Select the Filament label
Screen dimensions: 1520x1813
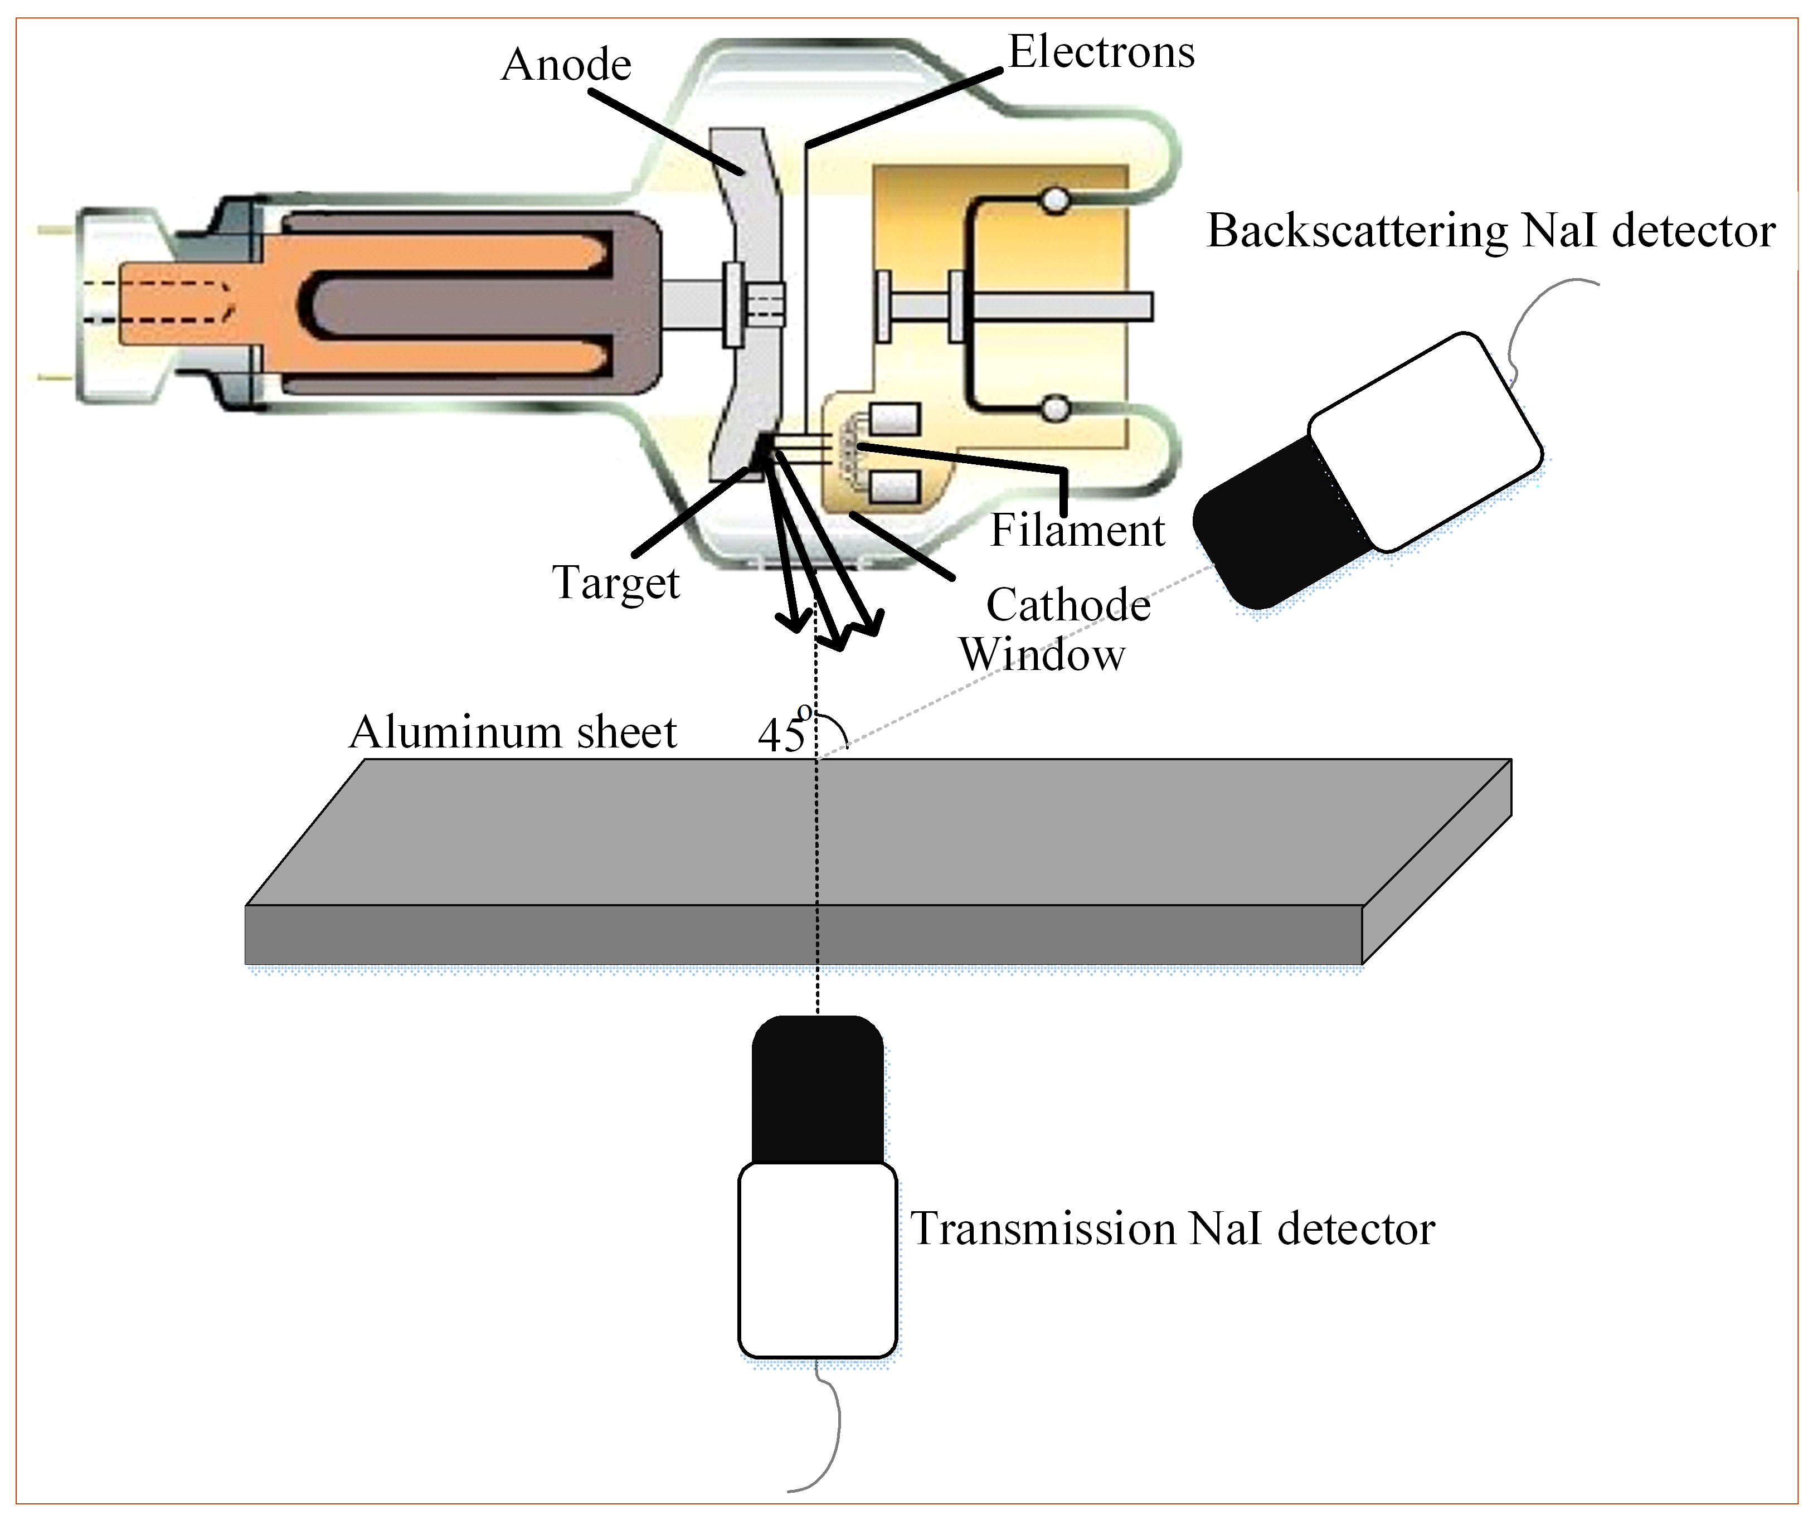coord(1077,530)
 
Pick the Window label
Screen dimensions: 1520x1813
coord(1042,654)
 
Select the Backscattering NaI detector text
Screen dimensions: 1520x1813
coord(1491,231)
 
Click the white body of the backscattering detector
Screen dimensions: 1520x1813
coord(1425,440)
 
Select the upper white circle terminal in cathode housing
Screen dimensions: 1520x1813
coord(1054,201)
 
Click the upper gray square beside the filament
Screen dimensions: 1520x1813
coord(895,420)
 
